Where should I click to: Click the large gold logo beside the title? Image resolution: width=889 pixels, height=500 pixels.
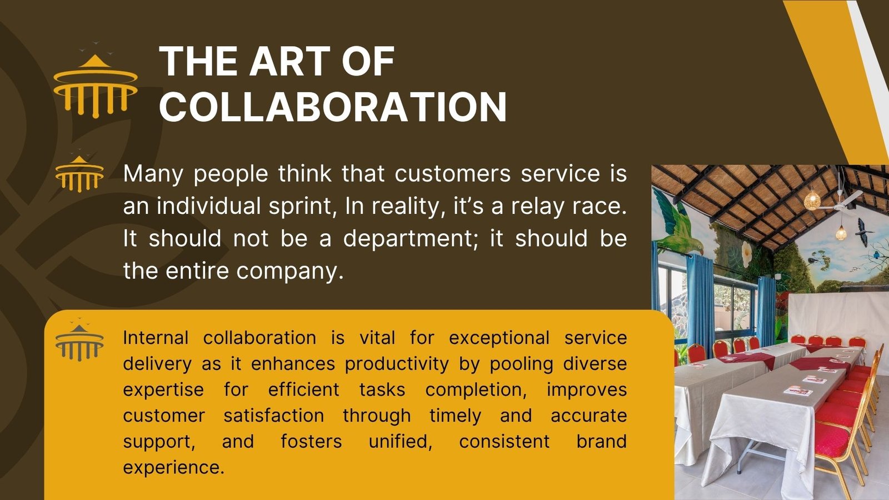click(x=95, y=79)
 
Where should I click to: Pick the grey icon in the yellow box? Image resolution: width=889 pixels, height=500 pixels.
click(x=79, y=340)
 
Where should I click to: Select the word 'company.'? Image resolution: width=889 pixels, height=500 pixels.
click(x=289, y=272)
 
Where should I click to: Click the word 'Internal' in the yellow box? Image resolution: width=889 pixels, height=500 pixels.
click(x=156, y=338)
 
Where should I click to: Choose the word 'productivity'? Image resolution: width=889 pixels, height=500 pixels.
click(x=397, y=364)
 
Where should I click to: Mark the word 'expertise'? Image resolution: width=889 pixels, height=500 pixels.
click(x=163, y=389)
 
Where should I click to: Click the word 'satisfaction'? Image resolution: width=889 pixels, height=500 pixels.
click(x=274, y=416)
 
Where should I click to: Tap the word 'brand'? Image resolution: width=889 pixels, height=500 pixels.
click(x=601, y=441)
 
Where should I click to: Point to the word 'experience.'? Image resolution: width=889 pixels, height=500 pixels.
click(x=174, y=467)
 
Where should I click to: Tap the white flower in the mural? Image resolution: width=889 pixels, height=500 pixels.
click(x=746, y=253)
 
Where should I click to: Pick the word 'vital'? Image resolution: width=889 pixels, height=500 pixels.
click(x=377, y=338)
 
